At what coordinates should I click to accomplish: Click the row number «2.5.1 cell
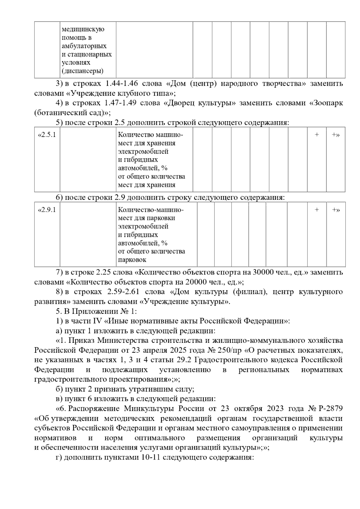tap(47, 135)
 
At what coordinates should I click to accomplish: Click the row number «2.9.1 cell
tap(47, 210)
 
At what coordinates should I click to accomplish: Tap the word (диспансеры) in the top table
tap(82, 71)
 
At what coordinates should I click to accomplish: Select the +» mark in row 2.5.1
tap(335, 135)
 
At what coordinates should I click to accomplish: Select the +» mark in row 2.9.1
tap(335, 210)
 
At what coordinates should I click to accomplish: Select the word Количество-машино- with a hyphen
tap(151, 210)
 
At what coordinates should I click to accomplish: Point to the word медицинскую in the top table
tap(83, 29)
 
